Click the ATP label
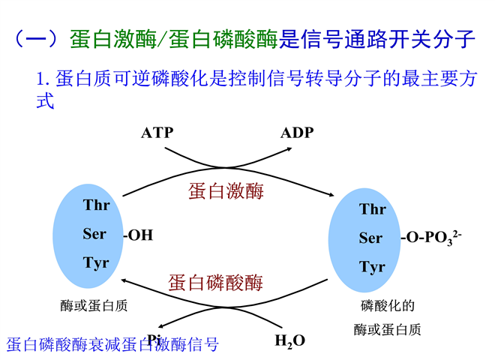pyautogui.click(x=157, y=133)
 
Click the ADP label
pyautogui.click(x=297, y=133)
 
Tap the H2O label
pyautogui.click(x=290, y=341)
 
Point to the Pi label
pyautogui.click(x=154, y=340)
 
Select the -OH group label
pyautogui.click(x=138, y=235)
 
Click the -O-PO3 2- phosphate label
pyautogui.click(x=431, y=238)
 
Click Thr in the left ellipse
pyautogui.click(x=97, y=205)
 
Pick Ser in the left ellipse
pyautogui.click(x=94, y=234)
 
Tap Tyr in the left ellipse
pyautogui.click(x=96, y=263)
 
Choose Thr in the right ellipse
pyautogui.click(x=373, y=209)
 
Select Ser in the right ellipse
pyautogui.click(x=370, y=238)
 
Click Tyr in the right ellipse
pyautogui.click(x=372, y=267)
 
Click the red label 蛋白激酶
pyautogui.click(x=226, y=191)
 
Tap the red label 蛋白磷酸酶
pyautogui.click(x=215, y=282)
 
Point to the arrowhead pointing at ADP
pyautogui.click(x=289, y=149)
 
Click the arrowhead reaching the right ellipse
pyautogui.click(x=331, y=194)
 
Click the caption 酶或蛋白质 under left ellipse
pyautogui.click(x=94, y=306)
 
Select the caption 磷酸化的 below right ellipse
pyautogui.click(x=388, y=306)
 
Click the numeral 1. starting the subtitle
pyautogui.click(x=43, y=79)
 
